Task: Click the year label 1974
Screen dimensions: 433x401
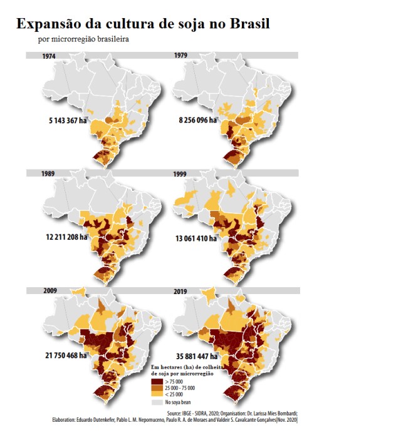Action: pyautogui.click(x=49, y=56)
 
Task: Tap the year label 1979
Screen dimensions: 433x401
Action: pyautogui.click(x=181, y=56)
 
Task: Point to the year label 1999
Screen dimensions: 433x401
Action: pyautogui.click(x=181, y=173)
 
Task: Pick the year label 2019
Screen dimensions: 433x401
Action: pyautogui.click(x=182, y=291)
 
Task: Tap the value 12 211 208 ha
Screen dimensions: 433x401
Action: pyautogui.click(x=66, y=238)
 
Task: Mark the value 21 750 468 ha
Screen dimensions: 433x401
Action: pyautogui.click(x=65, y=355)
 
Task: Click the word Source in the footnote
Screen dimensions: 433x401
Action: pyautogui.click(x=185, y=414)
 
